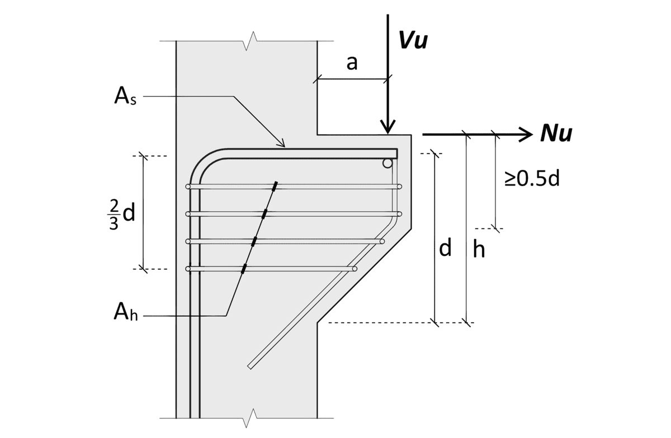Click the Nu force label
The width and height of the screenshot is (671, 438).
(x=556, y=134)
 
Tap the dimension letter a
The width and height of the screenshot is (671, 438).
(x=352, y=63)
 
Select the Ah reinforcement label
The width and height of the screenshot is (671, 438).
(x=125, y=314)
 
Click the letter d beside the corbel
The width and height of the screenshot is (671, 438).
(x=445, y=249)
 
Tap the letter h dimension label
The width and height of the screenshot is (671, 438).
(x=479, y=250)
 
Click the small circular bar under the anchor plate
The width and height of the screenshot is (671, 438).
(x=387, y=164)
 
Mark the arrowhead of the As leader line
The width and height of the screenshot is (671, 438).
(x=282, y=145)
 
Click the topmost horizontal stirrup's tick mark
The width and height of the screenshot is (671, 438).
(x=275, y=186)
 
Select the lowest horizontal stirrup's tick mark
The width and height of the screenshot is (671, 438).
(x=244, y=269)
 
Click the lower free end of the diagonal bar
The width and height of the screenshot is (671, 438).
(x=250, y=366)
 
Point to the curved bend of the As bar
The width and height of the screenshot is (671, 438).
(x=201, y=163)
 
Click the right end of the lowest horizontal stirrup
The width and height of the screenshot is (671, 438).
(x=355, y=269)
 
